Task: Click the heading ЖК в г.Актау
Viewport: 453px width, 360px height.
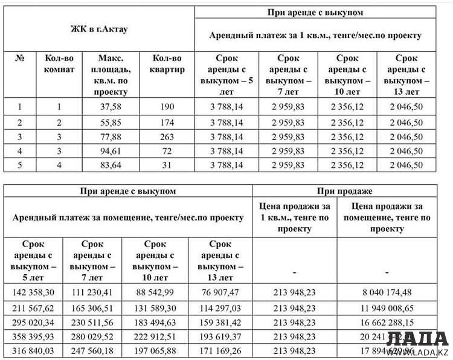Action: pyautogui.click(x=99, y=28)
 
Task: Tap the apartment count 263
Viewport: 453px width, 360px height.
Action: pyautogui.click(x=167, y=137)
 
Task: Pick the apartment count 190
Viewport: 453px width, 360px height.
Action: pyautogui.click(x=167, y=107)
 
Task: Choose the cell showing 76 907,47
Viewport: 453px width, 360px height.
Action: pyautogui.click(x=219, y=292)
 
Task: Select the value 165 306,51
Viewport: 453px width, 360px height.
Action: pyautogui.click(x=92, y=307)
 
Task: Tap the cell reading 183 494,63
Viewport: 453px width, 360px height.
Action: pyautogui.click(x=155, y=321)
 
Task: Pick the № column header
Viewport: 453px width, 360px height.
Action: pyautogui.click(x=20, y=59)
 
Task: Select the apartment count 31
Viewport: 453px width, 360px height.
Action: pyautogui.click(x=167, y=165)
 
